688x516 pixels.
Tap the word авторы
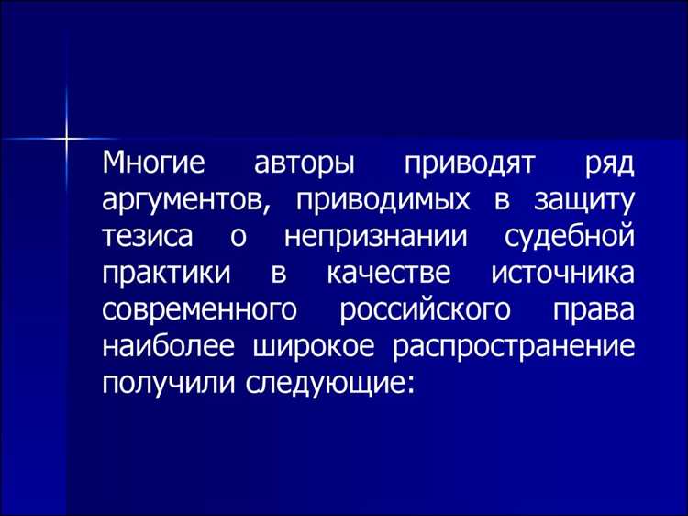(299, 166)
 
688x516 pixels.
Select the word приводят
(461, 166)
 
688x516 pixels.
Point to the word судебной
(571, 237)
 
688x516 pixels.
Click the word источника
(561, 273)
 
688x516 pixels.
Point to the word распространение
(515, 344)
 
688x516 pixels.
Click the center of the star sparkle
(66, 139)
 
